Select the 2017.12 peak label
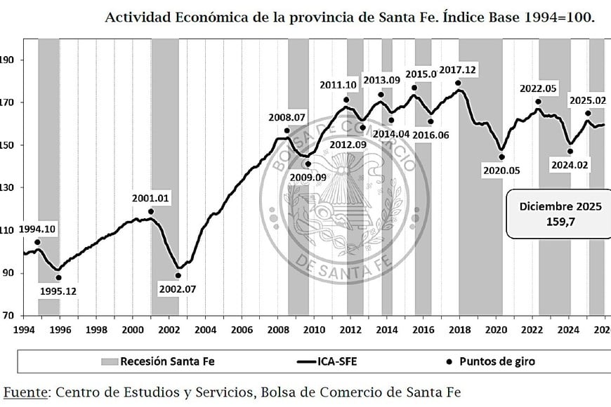458,70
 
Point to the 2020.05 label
501,170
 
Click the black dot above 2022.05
539,102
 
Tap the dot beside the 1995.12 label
58,278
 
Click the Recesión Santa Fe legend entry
158,361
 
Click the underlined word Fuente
24,392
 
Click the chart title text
349,18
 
